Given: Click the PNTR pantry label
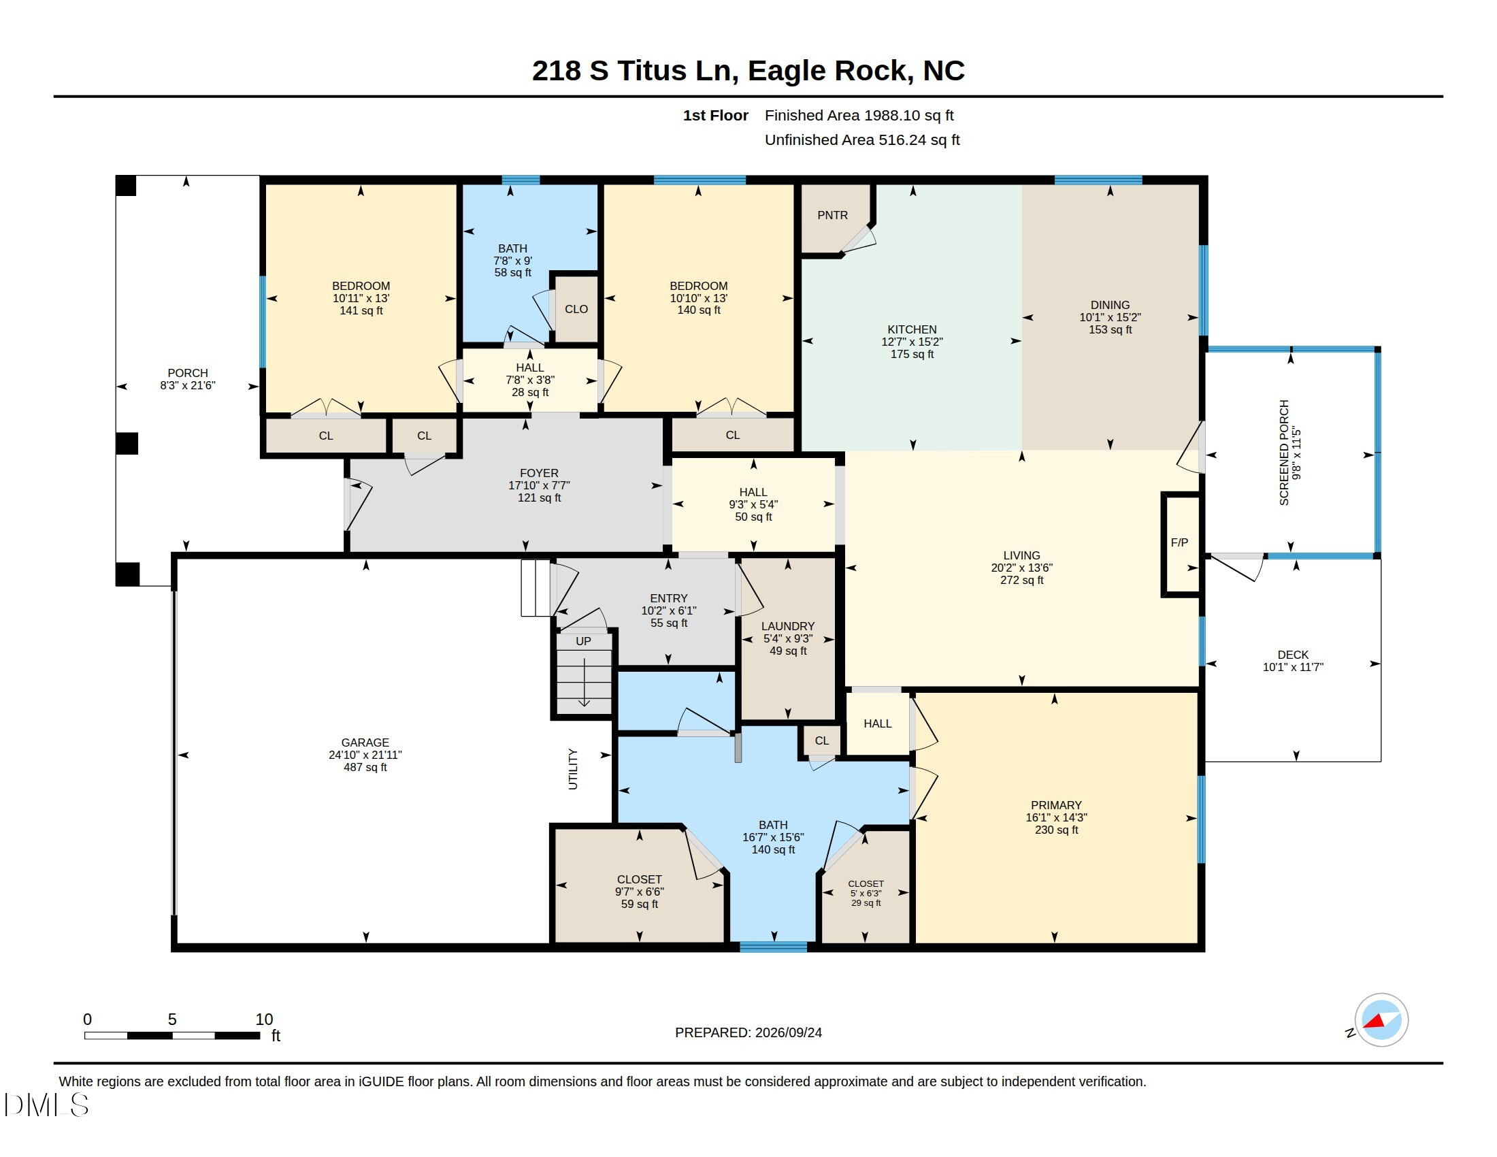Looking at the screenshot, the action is pyautogui.click(x=832, y=215).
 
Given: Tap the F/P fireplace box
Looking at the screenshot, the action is pyautogui.click(x=1181, y=544).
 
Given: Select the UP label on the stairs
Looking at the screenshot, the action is pyautogui.click(x=583, y=642).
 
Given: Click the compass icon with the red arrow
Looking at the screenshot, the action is pyautogui.click(x=1381, y=1020).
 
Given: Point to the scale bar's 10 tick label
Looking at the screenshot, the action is pyautogui.click(x=264, y=1020).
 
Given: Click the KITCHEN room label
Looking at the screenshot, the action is pyautogui.click(x=912, y=329).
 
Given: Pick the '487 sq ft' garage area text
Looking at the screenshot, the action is pyautogui.click(x=365, y=768).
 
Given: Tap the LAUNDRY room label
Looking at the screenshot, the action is pyautogui.click(x=787, y=626).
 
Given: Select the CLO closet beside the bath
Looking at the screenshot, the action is pyautogui.click(x=576, y=309).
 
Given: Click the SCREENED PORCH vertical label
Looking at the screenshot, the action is pyautogui.click(x=1284, y=453).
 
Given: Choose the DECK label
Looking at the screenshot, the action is pyautogui.click(x=1293, y=655).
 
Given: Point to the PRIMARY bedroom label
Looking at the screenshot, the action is pyautogui.click(x=1056, y=805).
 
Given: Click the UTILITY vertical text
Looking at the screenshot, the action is pyautogui.click(x=573, y=769).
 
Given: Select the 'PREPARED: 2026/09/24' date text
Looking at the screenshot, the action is pyautogui.click(x=748, y=1032).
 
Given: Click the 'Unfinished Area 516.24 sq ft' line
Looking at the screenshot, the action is pyautogui.click(x=862, y=140).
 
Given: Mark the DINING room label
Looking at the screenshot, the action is pyautogui.click(x=1110, y=305).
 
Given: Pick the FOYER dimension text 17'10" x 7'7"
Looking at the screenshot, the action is pyautogui.click(x=539, y=485).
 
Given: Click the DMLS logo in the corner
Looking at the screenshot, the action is pyautogui.click(x=46, y=1105).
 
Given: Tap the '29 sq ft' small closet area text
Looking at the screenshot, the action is pyautogui.click(x=866, y=903).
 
